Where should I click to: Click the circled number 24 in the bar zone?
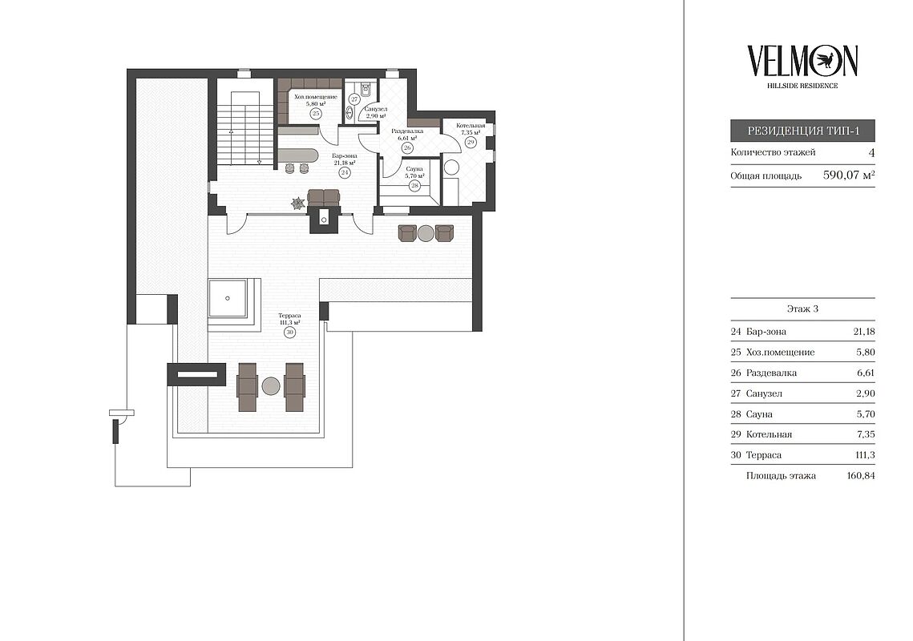coord(345,173)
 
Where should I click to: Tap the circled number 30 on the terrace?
coord(289,333)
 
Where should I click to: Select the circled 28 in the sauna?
coord(414,186)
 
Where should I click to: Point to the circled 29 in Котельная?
coord(471,142)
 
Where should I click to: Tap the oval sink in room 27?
coord(351,112)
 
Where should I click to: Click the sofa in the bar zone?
coord(323,197)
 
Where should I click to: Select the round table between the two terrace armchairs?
coord(426,233)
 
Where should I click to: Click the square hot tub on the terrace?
coord(228,298)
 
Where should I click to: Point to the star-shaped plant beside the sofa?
coord(298,203)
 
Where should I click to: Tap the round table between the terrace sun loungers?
coord(271,386)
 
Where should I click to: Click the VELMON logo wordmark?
coord(802,61)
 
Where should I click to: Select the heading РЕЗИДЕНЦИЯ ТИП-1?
coord(803,131)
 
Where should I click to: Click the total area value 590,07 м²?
coord(849,175)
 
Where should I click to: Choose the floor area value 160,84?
coord(861,476)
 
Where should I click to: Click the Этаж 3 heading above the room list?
coord(802,309)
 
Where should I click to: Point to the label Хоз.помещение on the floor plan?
coord(316,97)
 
